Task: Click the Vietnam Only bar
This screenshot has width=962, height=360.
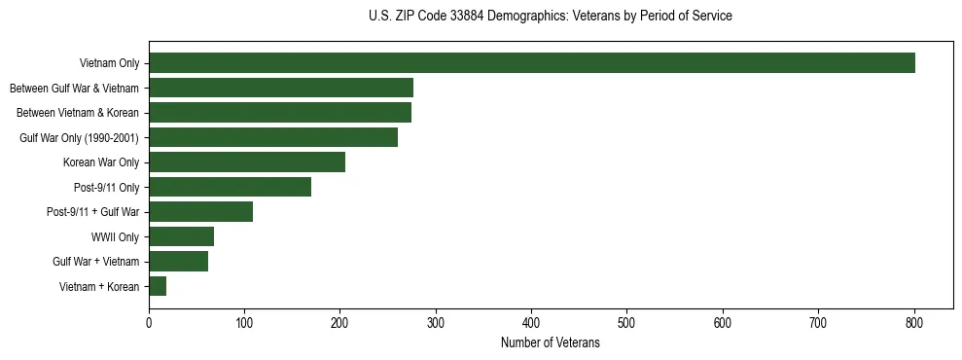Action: point(531,63)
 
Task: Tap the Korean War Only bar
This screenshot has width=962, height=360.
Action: point(247,162)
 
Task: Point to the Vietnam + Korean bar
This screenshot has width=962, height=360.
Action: point(158,286)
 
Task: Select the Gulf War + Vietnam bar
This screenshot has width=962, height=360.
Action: point(178,261)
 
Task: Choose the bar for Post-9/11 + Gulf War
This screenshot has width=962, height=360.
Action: point(200,211)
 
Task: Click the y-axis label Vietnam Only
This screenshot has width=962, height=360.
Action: point(110,64)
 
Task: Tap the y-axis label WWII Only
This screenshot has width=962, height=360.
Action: point(115,237)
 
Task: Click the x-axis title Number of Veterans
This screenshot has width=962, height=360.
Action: point(550,343)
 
